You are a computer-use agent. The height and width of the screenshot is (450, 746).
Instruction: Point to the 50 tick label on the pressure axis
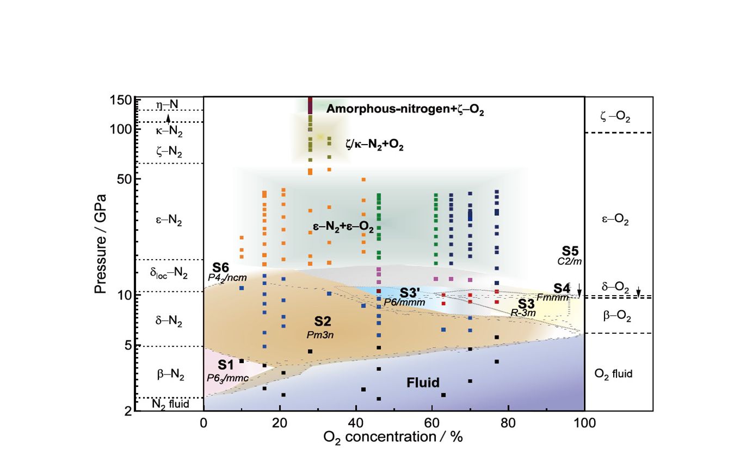pos(126,179)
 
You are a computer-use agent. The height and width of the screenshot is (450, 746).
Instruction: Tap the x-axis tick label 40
pos(356,423)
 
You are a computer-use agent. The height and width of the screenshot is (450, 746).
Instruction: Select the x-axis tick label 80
pos(508,423)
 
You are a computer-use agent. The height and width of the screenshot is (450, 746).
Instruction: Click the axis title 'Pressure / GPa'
pos(100,244)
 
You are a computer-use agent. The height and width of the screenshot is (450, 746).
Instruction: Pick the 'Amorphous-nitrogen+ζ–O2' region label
pos(405,109)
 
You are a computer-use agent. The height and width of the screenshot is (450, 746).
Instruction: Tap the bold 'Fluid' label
pos(423,383)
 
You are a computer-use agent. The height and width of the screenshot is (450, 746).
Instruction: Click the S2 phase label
pos(323,321)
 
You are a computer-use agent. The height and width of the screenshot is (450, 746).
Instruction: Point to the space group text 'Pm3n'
pos(320,335)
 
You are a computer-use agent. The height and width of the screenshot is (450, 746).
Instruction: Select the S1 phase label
pos(226,365)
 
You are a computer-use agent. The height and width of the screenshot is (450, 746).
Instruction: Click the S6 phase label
pos(221,267)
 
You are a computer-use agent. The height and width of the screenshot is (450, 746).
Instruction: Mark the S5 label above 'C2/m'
pos(570,251)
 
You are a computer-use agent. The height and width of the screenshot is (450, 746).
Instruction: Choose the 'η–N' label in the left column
pos(167,104)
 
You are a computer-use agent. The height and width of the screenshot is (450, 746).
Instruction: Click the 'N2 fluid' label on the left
pos(170,404)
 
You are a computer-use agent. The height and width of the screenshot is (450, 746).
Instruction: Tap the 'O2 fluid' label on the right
pos(613,374)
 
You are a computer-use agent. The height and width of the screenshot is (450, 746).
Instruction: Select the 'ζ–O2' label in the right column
pos(615,117)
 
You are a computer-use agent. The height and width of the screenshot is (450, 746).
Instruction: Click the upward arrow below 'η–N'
pos(168,118)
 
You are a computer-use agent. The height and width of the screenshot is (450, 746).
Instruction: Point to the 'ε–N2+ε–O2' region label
pos(343,227)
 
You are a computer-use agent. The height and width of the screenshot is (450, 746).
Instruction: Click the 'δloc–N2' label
pos(169,273)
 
